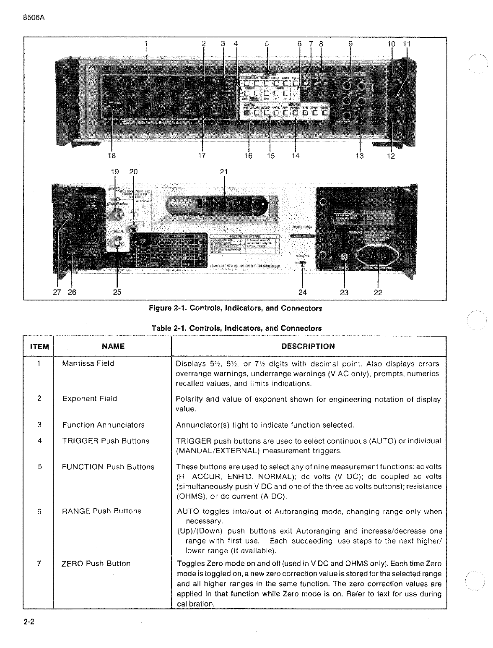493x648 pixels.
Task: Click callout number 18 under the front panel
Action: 112,156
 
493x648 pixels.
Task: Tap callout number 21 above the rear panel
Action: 224,172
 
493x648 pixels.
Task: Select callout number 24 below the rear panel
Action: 302,292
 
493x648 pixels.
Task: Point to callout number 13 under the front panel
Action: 360,156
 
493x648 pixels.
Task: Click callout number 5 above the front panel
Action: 267,43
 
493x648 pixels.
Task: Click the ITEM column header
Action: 39,347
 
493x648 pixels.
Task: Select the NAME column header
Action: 113,346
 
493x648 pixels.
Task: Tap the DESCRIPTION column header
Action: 308,346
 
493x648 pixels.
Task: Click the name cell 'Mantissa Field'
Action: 88,363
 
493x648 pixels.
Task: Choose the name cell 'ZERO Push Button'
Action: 96,564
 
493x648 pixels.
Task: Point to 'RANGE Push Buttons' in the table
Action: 101,511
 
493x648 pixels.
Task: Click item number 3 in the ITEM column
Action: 39,425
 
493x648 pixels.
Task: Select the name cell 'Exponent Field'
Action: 90,399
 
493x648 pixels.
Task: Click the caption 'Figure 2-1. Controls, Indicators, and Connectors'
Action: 236,308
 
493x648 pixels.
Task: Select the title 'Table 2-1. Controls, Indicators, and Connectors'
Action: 236,328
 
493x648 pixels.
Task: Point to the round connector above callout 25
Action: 117,243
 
